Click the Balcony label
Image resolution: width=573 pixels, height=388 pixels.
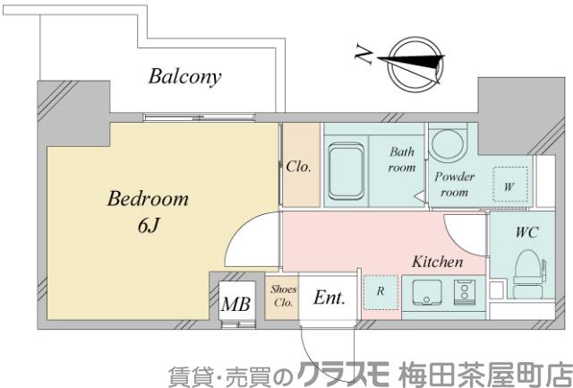pos(184,76)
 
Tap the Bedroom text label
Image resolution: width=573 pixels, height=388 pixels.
pos(148,198)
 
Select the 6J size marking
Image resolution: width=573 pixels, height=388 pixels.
pos(148,225)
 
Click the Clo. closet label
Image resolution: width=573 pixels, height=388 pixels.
pos(299,167)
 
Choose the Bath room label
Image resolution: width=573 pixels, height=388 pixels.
pos(402,160)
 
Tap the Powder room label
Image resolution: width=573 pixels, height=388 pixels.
pos(454,184)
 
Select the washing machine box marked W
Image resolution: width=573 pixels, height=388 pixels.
pos(509,186)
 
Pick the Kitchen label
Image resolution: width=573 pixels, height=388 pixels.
pos(437,263)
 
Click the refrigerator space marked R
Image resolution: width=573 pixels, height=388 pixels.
pos(380,291)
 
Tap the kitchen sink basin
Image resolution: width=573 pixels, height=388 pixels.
pos(425,291)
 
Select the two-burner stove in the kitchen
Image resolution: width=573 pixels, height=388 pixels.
pos(465,290)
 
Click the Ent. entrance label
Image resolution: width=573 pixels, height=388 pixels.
pos(329,297)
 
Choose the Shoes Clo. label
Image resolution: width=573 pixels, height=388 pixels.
pos(284,295)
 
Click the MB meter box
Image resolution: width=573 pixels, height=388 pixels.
pos(236,303)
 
